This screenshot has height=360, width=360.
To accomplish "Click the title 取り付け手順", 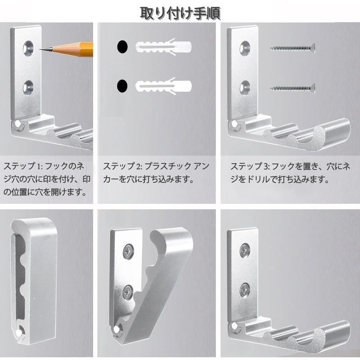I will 180,12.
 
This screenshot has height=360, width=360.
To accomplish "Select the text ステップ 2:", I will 121,166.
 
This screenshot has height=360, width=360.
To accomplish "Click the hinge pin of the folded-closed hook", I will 20,332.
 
